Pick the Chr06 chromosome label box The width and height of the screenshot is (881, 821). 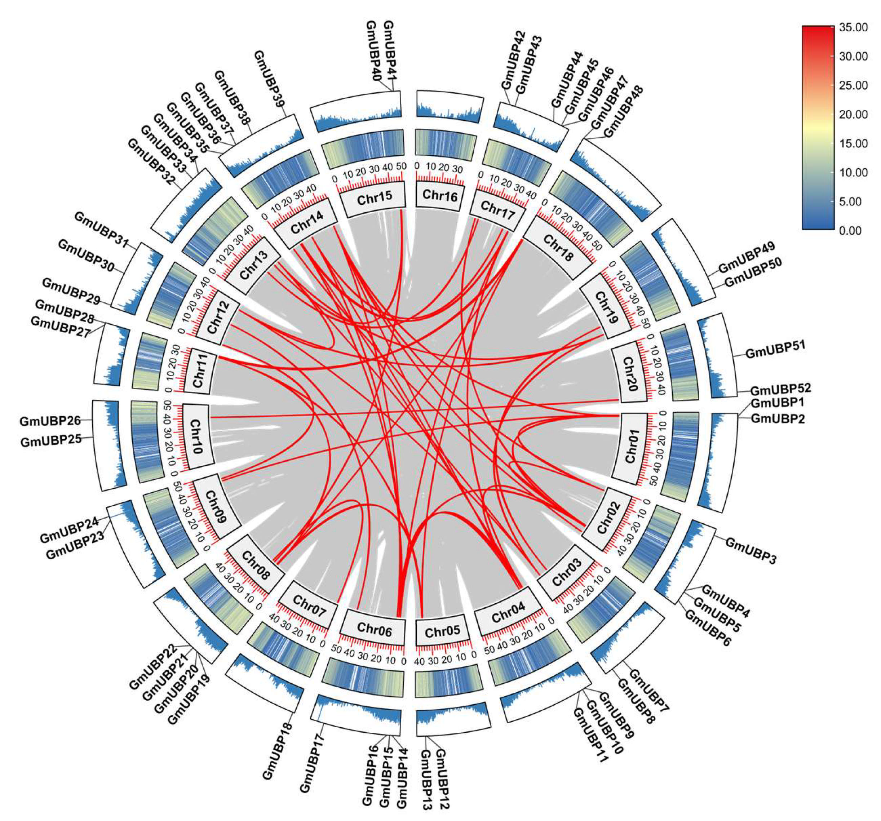coord(374,629)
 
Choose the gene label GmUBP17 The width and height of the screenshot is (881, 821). coord(313,762)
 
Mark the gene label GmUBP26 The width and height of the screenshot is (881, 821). coord(50,421)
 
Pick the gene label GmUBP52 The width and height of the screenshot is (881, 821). coord(780,389)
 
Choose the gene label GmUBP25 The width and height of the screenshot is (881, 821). coord(50,441)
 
